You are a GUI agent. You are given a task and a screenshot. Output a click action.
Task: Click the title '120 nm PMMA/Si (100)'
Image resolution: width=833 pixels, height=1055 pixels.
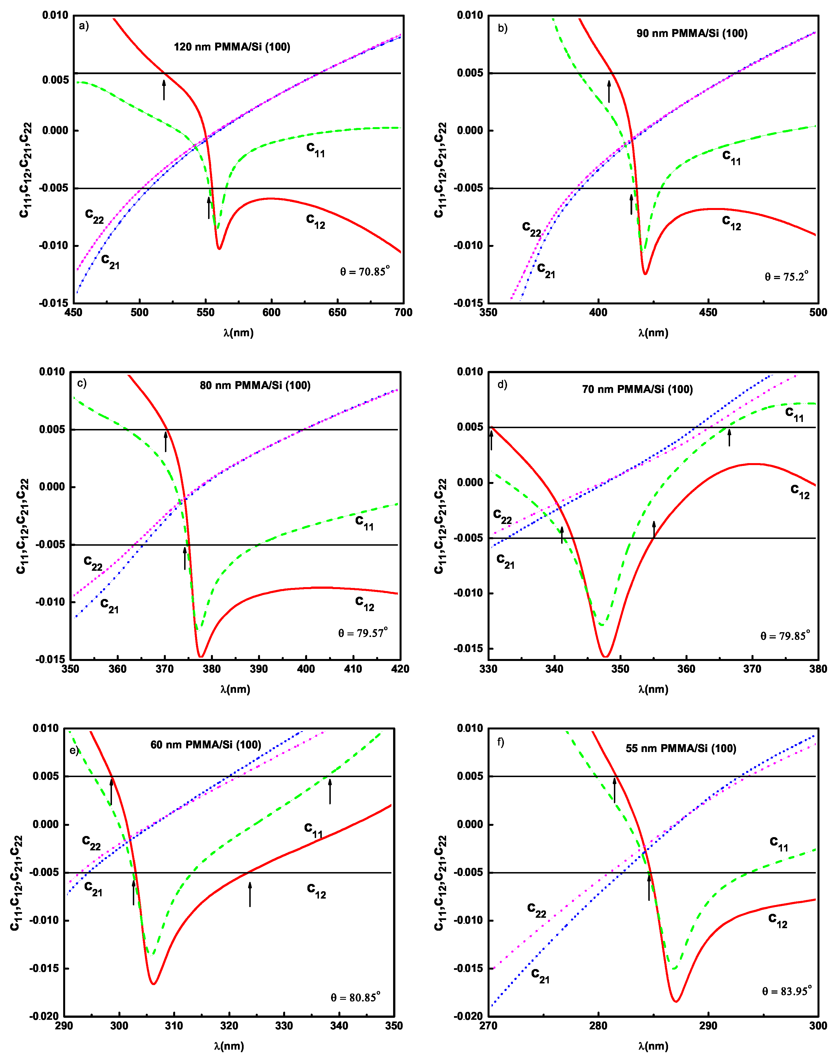click(232, 47)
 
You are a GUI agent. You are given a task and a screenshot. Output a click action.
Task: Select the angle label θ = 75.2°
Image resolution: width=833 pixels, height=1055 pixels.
click(786, 277)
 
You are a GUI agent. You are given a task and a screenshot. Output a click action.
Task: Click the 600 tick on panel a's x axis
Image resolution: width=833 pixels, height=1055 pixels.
click(271, 313)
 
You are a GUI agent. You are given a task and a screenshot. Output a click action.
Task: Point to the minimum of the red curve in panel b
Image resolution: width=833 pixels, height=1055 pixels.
click(645, 273)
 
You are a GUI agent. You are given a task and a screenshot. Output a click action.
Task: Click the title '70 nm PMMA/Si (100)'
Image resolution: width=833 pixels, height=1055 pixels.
click(637, 389)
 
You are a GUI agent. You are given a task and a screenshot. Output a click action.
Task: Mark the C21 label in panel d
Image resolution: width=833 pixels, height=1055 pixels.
click(505, 561)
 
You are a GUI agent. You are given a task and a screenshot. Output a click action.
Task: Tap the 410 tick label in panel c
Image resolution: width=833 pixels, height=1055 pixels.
click(352, 669)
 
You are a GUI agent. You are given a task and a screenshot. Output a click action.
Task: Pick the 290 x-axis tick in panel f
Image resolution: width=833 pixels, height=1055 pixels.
click(708, 1026)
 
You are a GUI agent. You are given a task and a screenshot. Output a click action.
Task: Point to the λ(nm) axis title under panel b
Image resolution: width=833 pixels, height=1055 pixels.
click(653, 333)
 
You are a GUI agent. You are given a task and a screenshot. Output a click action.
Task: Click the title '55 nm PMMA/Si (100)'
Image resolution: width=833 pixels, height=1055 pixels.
click(681, 748)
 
